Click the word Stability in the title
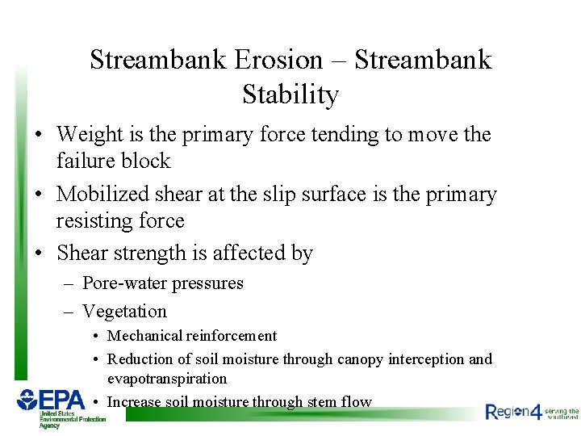click(x=290, y=94)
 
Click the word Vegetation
click(x=124, y=311)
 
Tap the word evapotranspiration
click(x=167, y=379)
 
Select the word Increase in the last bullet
click(x=134, y=401)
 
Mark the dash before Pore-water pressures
click(x=68, y=283)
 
